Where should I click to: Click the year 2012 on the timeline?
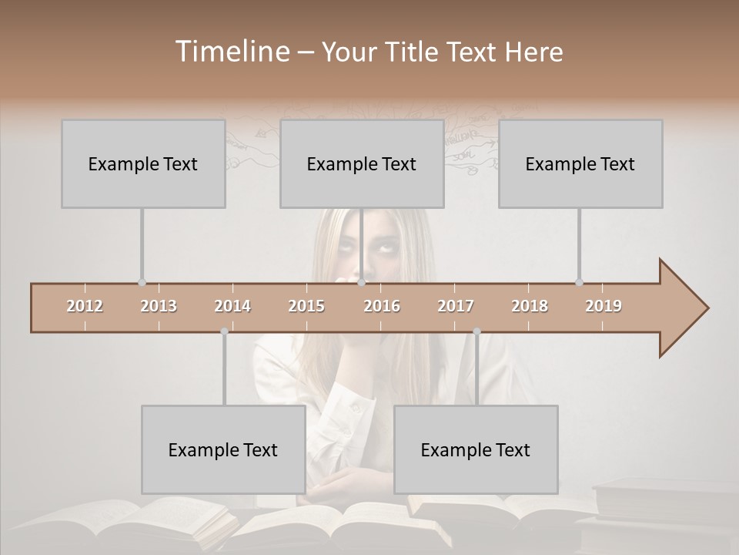pyautogui.click(x=85, y=306)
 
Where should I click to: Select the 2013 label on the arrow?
pyautogui.click(x=159, y=306)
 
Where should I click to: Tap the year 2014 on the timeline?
pyautogui.click(x=232, y=306)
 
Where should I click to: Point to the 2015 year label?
pyautogui.click(x=306, y=306)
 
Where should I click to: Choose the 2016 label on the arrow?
pyautogui.click(x=382, y=306)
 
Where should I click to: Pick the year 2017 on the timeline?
pyautogui.click(x=456, y=306)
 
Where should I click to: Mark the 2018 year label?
pyautogui.click(x=530, y=306)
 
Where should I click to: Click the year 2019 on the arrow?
pyautogui.click(x=604, y=306)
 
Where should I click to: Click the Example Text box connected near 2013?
pyautogui.click(x=143, y=163)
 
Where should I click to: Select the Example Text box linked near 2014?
pyautogui.click(x=223, y=449)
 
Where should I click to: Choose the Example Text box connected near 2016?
pyautogui.click(x=362, y=163)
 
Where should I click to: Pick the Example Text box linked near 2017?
pyautogui.click(x=476, y=449)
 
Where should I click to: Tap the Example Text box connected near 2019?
pyautogui.click(x=580, y=163)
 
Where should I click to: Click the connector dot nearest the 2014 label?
pyautogui.click(x=224, y=331)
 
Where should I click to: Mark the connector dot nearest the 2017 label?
pyautogui.click(x=477, y=331)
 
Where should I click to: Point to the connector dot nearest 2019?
pyautogui.click(x=579, y=282)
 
